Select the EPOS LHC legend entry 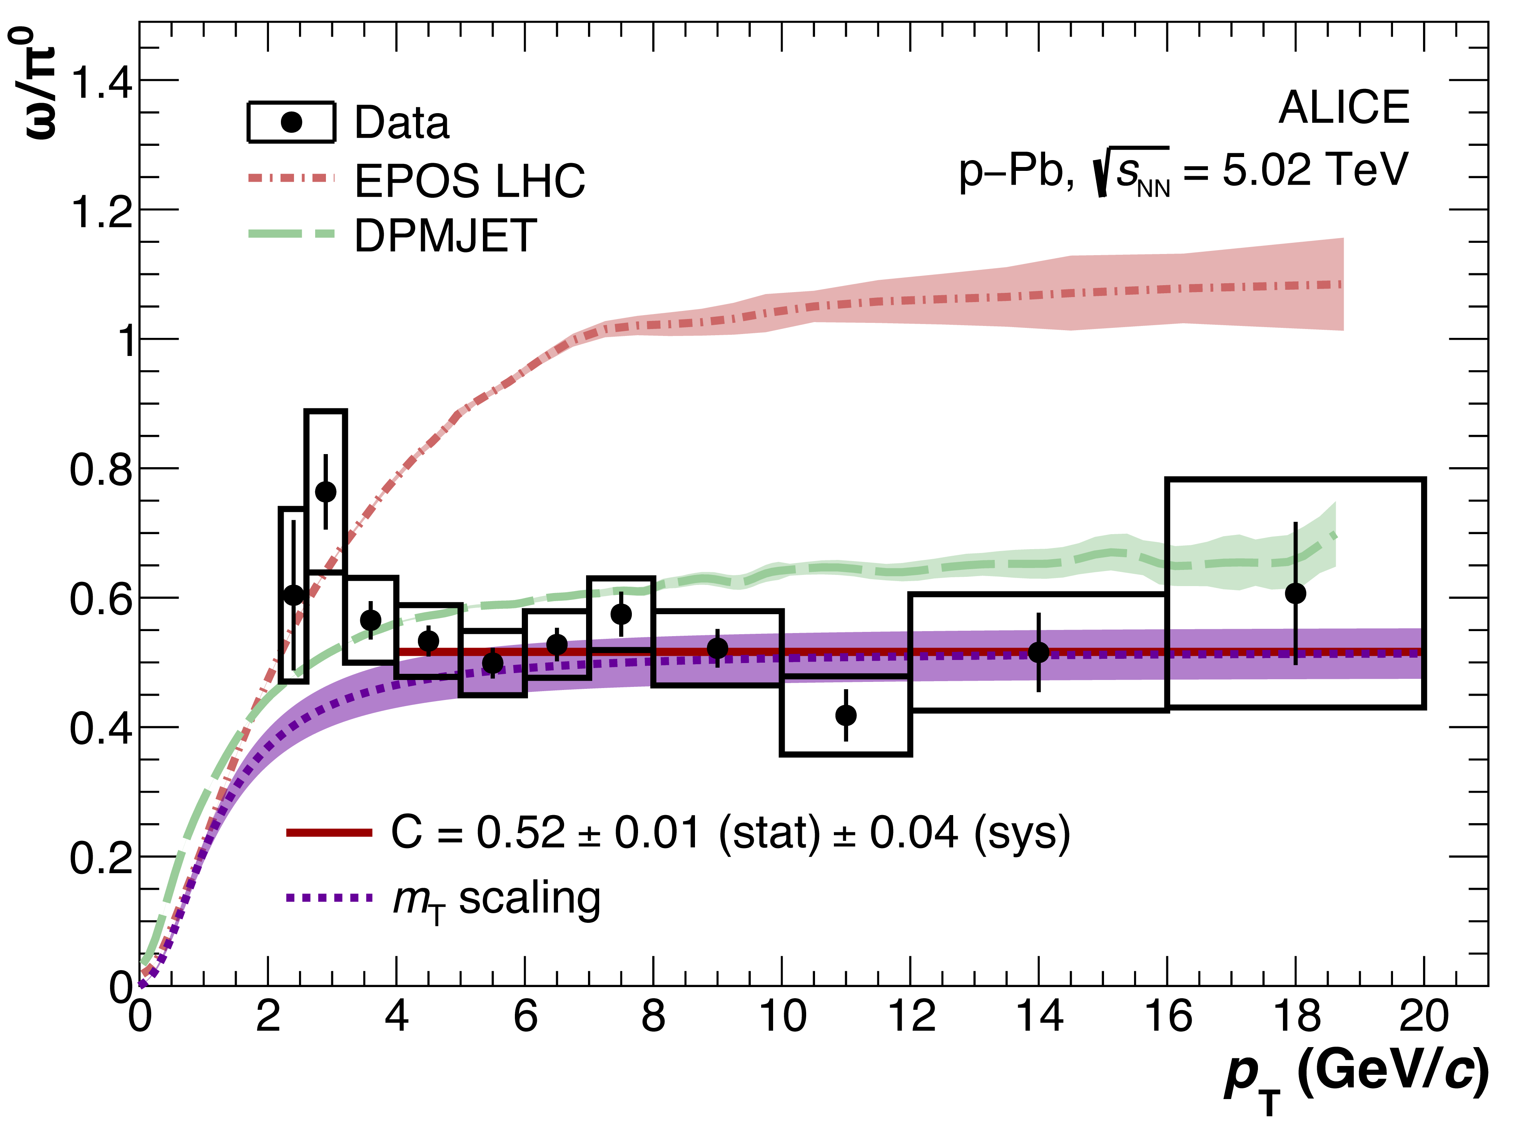click(x=469, y=182)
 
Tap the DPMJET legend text click(x=445, y=236)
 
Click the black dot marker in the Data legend click(x=292, y=123)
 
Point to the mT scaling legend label click(x=496, y=899)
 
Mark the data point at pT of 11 click(x=846, y=715)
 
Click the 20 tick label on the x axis click(x=1424, y=1016)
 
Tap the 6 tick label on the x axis click(x=525, y=1016)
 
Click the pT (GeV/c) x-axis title click(x=1356, y=1075)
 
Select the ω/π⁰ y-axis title click(x=34, y=82)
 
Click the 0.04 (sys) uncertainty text click(x=969, y=834)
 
